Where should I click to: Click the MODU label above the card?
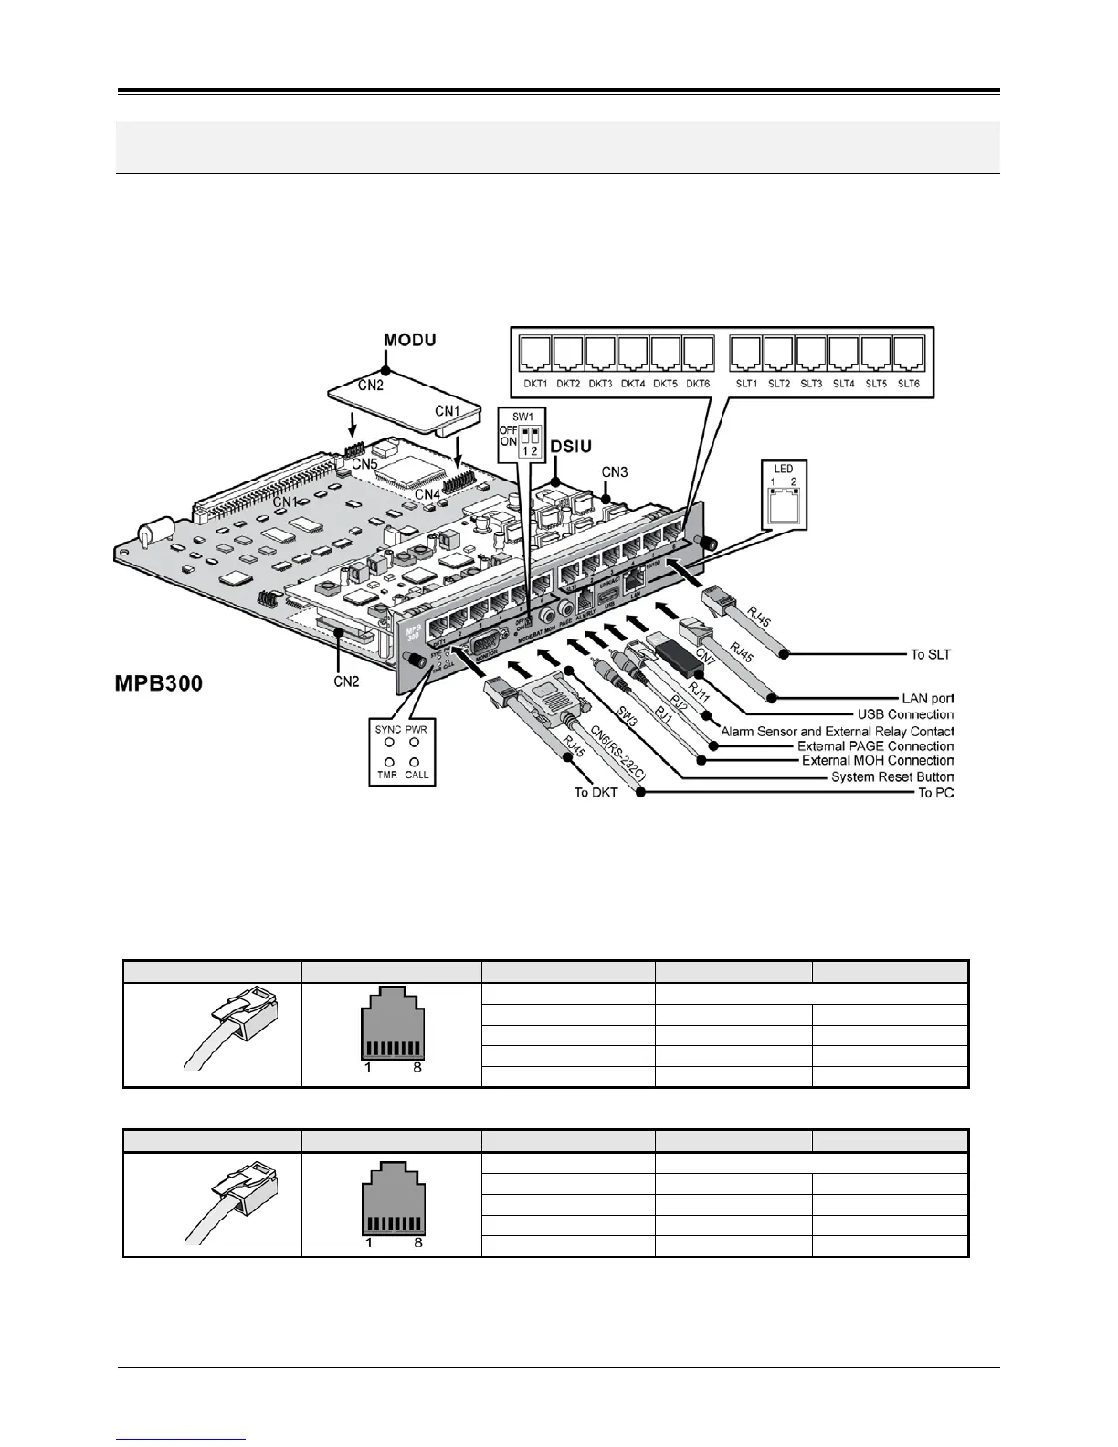(409, 341)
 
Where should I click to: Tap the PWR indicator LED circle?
(417, 743)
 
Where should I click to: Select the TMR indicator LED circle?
(389, 761)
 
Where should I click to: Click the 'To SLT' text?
(930, 654)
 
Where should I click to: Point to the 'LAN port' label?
(927, 698)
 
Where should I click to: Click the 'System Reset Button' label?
(891, 776)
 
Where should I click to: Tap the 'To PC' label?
(935, 792)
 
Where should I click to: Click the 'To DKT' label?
(596, 792)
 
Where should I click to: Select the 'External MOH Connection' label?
(877, 760)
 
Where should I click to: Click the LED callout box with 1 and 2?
(783, 496)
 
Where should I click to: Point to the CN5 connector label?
(365, 463)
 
